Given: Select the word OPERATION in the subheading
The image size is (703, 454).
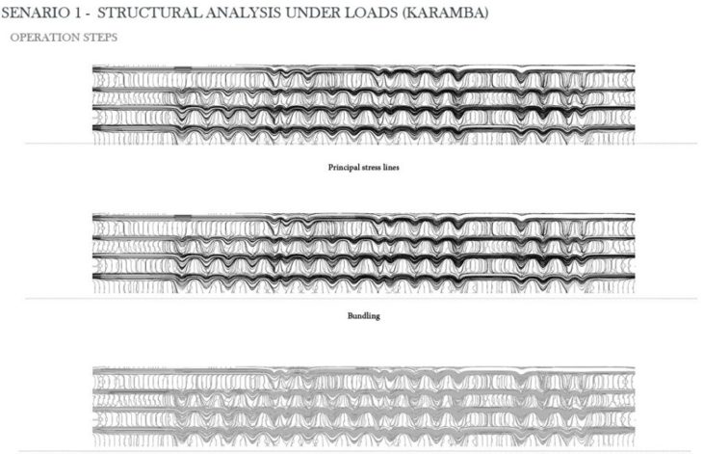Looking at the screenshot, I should pyautogui.click(x=41, y=39).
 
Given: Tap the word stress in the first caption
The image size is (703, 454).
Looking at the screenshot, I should pyautogui.click(x=371, y=167).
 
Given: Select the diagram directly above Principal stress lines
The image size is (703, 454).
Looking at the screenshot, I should pyautogui.click(x=363, y=104).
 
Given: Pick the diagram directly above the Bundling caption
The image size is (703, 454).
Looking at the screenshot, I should pyautogui.click(x=363, y=251).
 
